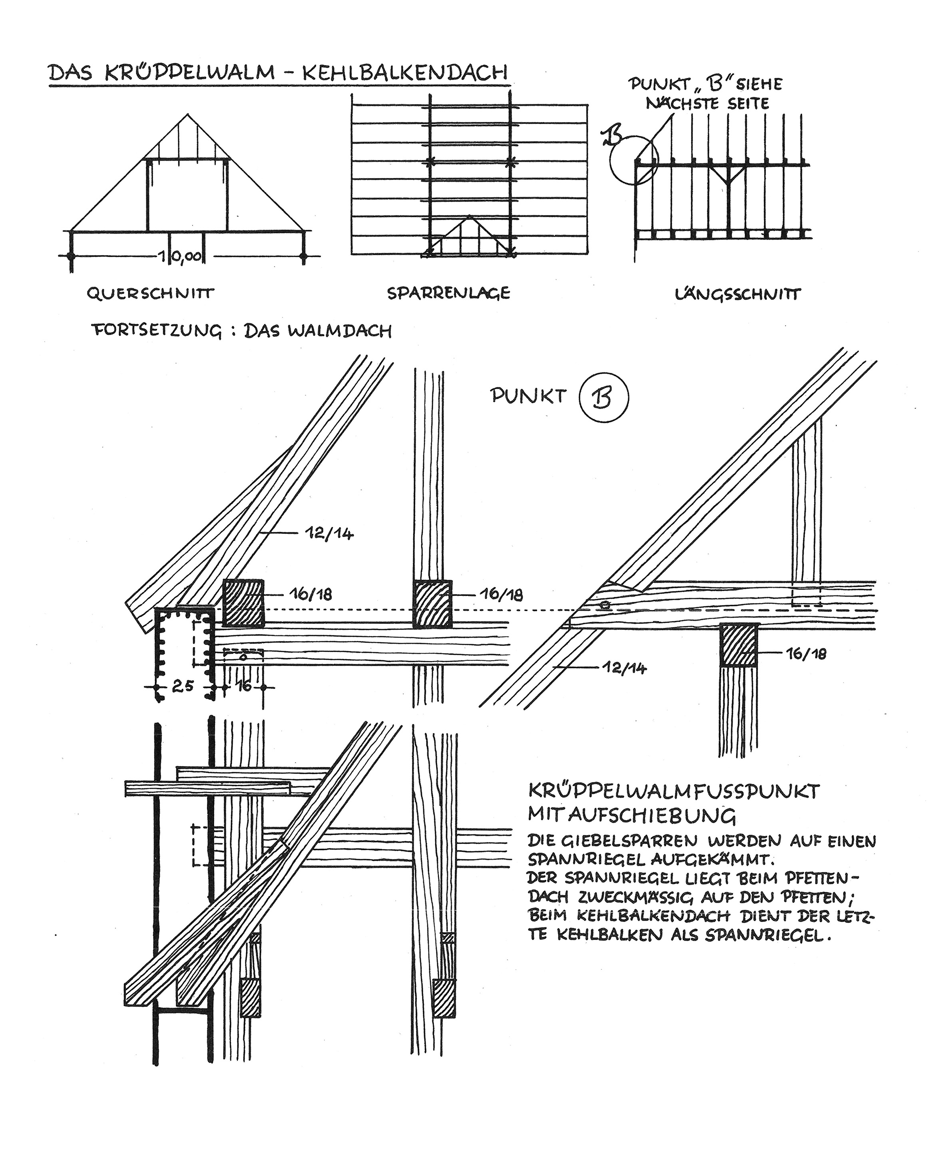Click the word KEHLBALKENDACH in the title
tap(405, 73)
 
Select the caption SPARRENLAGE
tap(448, 294)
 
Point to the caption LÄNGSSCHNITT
tap(738, 295)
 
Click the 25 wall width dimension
tap(183, 686)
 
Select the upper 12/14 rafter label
tap(329, 534)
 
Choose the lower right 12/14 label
tap(623, 668)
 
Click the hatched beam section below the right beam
tap(739, 645)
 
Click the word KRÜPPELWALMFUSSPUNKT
tap(674, 792)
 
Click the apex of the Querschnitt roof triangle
tap(188, 114)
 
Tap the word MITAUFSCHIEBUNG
tap(632, 816)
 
